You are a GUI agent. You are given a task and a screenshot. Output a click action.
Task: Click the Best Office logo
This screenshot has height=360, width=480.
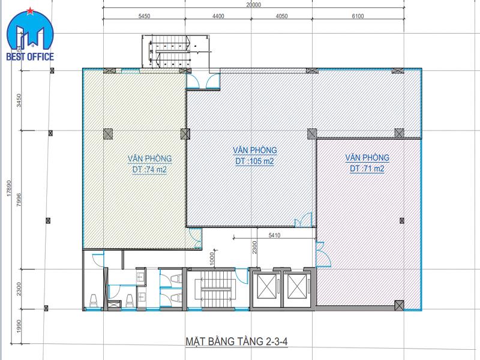point(30,34)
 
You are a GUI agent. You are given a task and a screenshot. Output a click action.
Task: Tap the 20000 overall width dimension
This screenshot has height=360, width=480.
point(253,5)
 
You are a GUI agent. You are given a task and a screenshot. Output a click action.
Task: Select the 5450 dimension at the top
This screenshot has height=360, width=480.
point(144,16)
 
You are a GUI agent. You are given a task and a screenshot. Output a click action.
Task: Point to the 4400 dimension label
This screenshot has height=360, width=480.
point(218,16)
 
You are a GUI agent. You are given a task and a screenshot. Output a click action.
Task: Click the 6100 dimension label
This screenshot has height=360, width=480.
point(358,16)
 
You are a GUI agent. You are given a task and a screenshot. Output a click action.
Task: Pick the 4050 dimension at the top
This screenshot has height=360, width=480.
point(281,16)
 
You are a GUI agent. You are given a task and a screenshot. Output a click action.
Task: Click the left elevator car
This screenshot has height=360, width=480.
point(266,286)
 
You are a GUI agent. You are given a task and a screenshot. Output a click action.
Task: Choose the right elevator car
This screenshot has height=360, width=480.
point(296,286)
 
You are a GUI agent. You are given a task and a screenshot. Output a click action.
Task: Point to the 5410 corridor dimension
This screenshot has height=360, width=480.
point(274,235)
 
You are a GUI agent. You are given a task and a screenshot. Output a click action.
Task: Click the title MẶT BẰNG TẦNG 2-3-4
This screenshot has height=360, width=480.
point(236,341)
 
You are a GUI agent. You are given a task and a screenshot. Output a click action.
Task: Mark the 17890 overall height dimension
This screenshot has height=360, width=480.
point(9,188)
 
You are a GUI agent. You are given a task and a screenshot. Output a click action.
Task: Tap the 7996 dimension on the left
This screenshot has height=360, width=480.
point(19,200)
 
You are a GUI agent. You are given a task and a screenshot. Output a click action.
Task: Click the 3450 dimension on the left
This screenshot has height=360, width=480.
point(19,100)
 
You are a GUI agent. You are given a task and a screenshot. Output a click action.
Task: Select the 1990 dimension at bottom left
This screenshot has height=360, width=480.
point(19,326)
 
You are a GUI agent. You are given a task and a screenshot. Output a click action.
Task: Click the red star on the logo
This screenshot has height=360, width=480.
point(30,11)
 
